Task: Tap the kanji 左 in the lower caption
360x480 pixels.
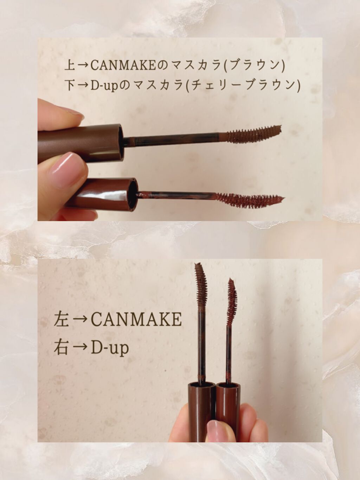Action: [61, 319]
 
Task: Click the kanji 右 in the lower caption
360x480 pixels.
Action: [61, 347]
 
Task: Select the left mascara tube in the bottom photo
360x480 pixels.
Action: [199, 408]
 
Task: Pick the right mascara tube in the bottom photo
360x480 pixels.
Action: [228, 404]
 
